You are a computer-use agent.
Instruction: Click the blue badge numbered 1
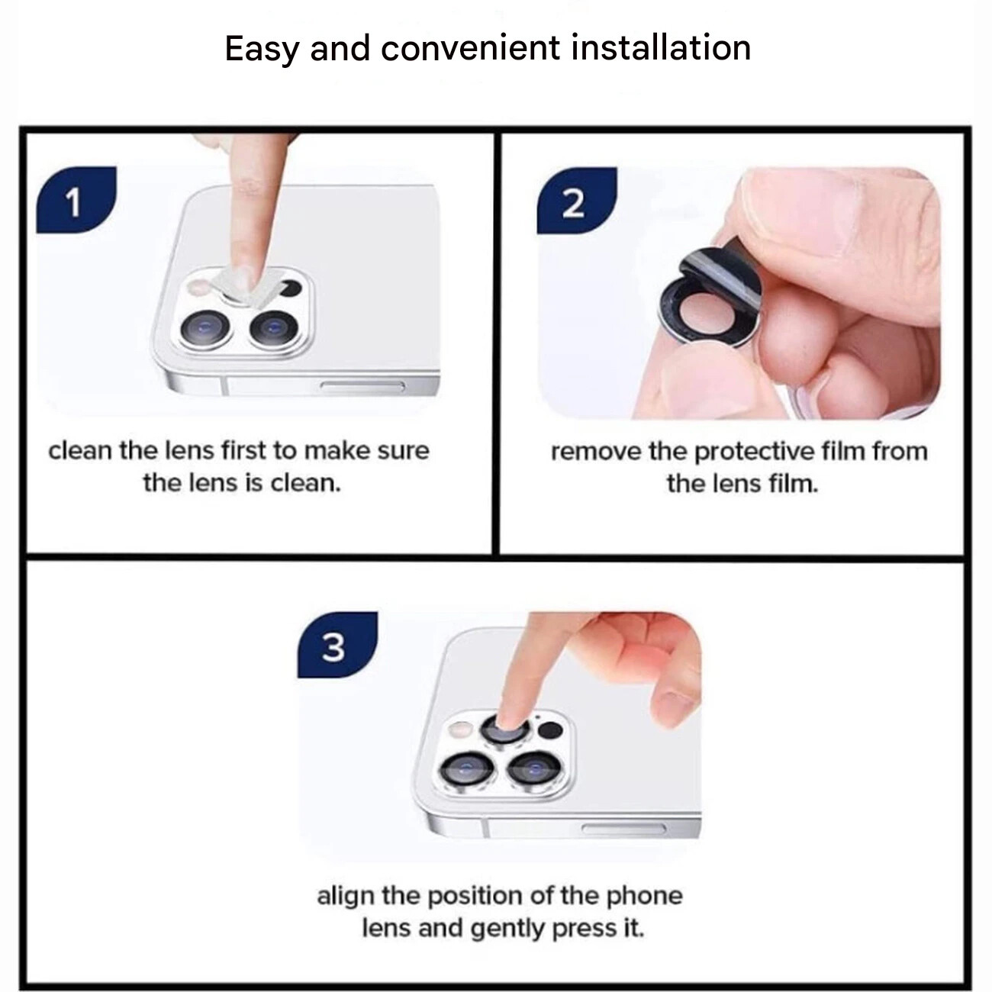tap(76, 199)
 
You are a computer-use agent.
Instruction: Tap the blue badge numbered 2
tap(577, 200)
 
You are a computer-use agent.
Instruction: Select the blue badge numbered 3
tap(337, 645)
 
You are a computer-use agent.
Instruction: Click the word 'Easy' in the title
tap(262, 50)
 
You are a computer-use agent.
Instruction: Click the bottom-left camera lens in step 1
tap(205, 328)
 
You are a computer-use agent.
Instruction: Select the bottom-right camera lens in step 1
tap(273, 327)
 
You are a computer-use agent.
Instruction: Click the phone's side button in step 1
tap(362, 386)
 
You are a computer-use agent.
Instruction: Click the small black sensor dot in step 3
tap(550, 730)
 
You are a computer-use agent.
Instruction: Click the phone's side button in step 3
tap(624, 828)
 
